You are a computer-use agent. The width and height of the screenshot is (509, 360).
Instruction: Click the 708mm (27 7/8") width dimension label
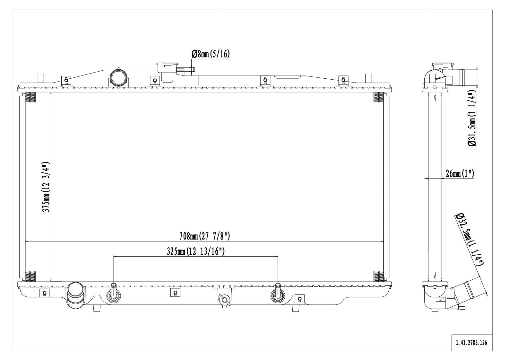coord(204,237)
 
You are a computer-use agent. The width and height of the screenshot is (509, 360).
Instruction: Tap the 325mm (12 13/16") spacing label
coord(195,251)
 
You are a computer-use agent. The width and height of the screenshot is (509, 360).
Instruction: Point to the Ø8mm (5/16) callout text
coord(211,54)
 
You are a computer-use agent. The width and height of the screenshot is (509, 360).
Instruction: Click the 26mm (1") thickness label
coord(460,174)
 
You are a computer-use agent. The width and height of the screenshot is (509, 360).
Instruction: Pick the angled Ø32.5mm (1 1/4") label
coord(469,239)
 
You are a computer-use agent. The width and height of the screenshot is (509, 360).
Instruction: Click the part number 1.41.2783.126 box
coord(471,343)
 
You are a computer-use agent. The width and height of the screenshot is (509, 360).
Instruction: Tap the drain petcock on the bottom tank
coord(224,300)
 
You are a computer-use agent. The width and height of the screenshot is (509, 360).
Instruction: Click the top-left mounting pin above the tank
coord(41,78)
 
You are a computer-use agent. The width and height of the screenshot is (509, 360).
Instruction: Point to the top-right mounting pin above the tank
coord(368,78)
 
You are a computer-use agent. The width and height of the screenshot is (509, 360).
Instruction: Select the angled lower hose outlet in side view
coord(473,289)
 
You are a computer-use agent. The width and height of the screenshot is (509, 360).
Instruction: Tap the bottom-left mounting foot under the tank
coord(97,308)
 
